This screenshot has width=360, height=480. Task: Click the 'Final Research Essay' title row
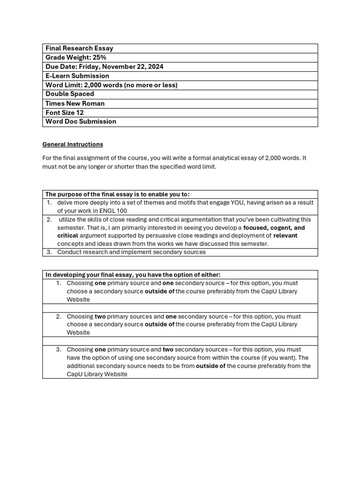[79, 48]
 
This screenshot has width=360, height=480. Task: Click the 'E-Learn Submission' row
[77, 76]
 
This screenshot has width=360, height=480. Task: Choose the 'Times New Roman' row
[75, 104]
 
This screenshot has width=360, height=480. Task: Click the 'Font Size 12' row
[65, 112]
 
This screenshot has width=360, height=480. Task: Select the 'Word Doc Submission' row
[81, 121]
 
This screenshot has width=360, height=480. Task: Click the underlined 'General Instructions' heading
[73, 144]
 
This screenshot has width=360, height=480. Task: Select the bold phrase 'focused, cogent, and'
[274, 228]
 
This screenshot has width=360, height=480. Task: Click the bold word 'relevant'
[285, 236]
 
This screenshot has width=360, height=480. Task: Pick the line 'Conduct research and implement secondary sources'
[131, 252]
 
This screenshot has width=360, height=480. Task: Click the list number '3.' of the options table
[59, 350]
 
